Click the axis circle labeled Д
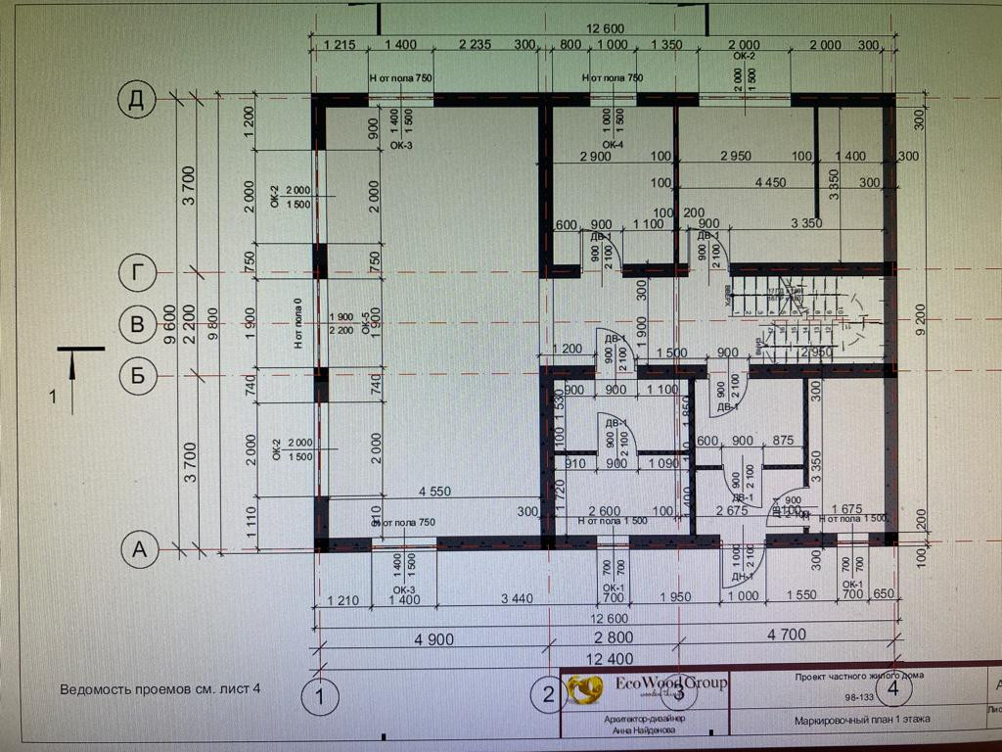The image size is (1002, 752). (x=137, y=99)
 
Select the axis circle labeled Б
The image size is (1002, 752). (x=137, y=374)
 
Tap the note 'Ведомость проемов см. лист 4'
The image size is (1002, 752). (x=160, y=688)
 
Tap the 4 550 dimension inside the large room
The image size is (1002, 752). (x=434, y=492)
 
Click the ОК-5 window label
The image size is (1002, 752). (x=367, y=323)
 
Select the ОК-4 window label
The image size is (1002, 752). (x=613, y=145)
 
